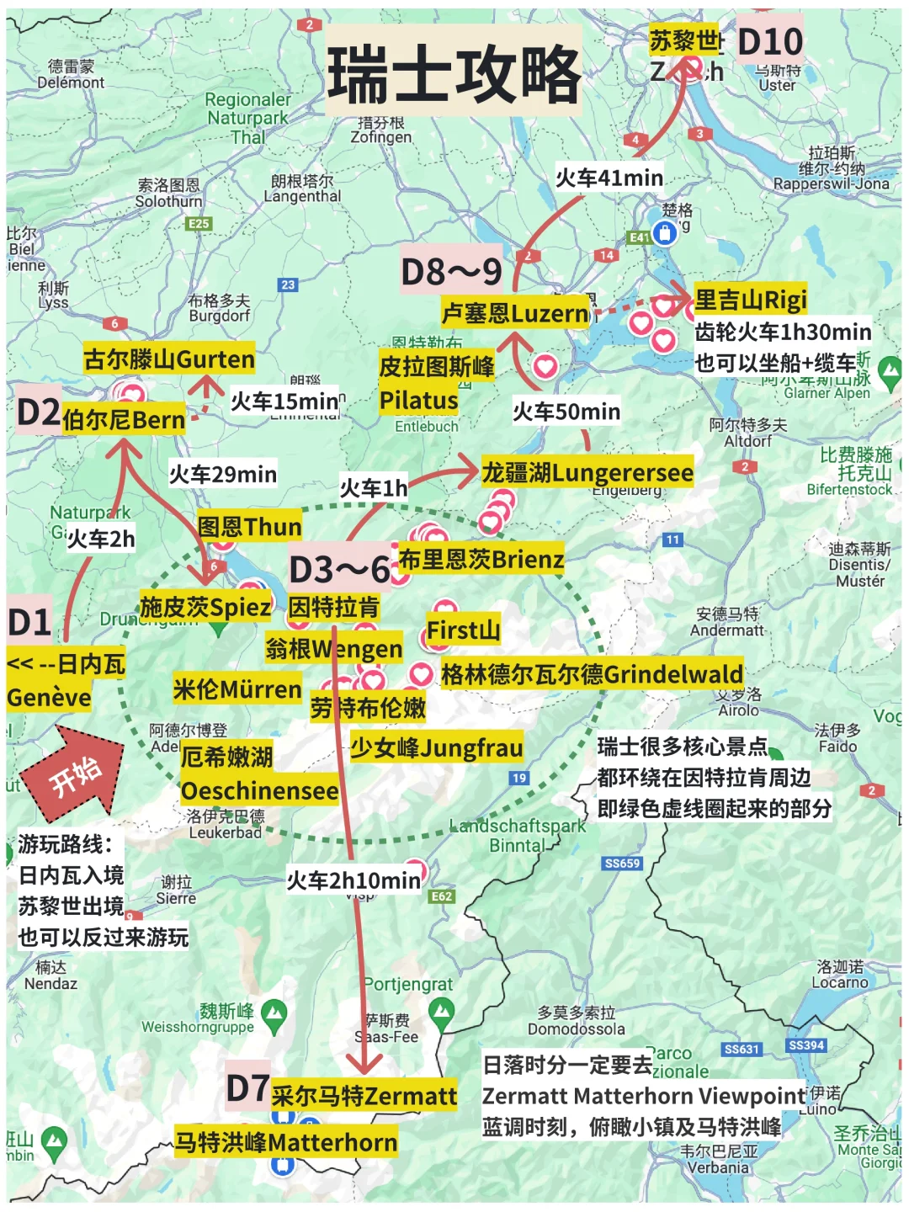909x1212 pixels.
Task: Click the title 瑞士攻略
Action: pos(454,73)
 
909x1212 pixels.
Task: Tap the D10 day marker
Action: pos(769,41)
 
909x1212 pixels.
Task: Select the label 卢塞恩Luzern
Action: pos(515,314)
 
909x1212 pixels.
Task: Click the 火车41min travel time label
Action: pos(609,178)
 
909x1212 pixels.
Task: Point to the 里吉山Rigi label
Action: pos(751,299)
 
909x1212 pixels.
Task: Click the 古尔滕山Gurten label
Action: pos(168,359)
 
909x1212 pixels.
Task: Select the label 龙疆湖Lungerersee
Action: pos(587,472)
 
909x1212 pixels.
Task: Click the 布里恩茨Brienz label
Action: pos(481,559)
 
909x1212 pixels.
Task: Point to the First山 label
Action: pos(462,630)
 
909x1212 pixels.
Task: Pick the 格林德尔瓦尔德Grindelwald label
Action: pos(591,674)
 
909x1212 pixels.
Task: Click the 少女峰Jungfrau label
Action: pos(436,747)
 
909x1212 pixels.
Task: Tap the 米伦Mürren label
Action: pos(237,689)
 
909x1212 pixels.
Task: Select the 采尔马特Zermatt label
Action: pos(364,1096)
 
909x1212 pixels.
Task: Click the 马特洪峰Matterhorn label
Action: pos(285,1142)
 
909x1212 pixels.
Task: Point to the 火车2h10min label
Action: pos(353,880)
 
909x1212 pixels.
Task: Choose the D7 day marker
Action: pos(247,1087)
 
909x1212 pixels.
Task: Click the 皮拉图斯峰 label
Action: pos(436,367)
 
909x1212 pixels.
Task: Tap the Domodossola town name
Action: pos(577,1029)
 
